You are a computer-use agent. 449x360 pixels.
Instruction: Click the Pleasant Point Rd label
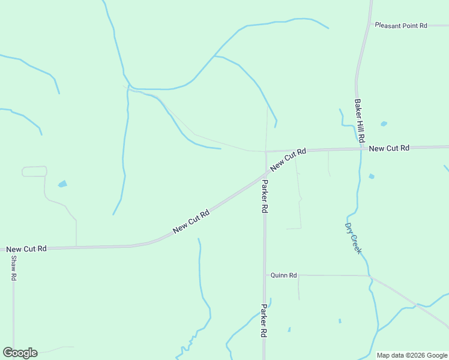pos(400,26)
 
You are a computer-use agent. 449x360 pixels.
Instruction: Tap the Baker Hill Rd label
pos(360,121)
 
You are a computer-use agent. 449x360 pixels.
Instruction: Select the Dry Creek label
pos(353,238)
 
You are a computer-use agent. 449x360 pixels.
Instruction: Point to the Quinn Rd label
pos(284,275)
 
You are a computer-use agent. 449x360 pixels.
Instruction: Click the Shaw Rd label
pos(13,269)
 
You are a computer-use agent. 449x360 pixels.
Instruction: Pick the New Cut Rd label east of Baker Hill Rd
pos(389,148)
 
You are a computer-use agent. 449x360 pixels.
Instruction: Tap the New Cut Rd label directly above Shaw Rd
pos(26,248)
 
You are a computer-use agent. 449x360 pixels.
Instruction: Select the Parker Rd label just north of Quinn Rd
pos(264,196)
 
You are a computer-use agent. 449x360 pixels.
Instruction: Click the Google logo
pos(20,353)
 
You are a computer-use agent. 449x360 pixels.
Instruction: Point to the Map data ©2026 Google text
pos(411,355)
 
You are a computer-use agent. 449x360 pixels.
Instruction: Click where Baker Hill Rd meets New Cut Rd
pos(362,148)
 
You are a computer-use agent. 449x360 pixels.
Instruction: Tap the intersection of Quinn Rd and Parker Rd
pos(265,275)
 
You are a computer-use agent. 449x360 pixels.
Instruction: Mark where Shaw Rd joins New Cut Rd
pos(13,248)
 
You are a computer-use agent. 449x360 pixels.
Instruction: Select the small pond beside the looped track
pos(62,184)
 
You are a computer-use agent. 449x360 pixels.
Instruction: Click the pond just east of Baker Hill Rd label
pos(384,124)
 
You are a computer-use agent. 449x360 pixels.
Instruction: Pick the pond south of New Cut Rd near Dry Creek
pos(372,176)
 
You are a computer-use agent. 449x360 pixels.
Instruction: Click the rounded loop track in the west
pos(34,172)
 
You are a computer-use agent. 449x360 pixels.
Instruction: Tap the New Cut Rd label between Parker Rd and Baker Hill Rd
pos(288,160)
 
